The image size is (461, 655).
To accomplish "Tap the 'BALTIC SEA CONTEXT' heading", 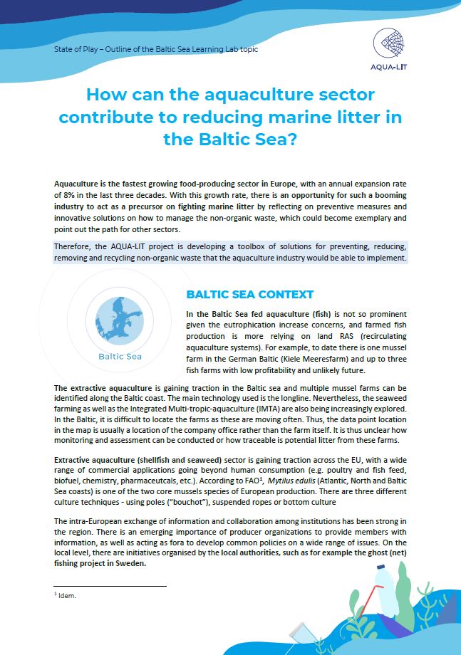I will coord(249,295).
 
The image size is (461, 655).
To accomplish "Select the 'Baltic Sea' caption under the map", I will coord(120,356).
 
